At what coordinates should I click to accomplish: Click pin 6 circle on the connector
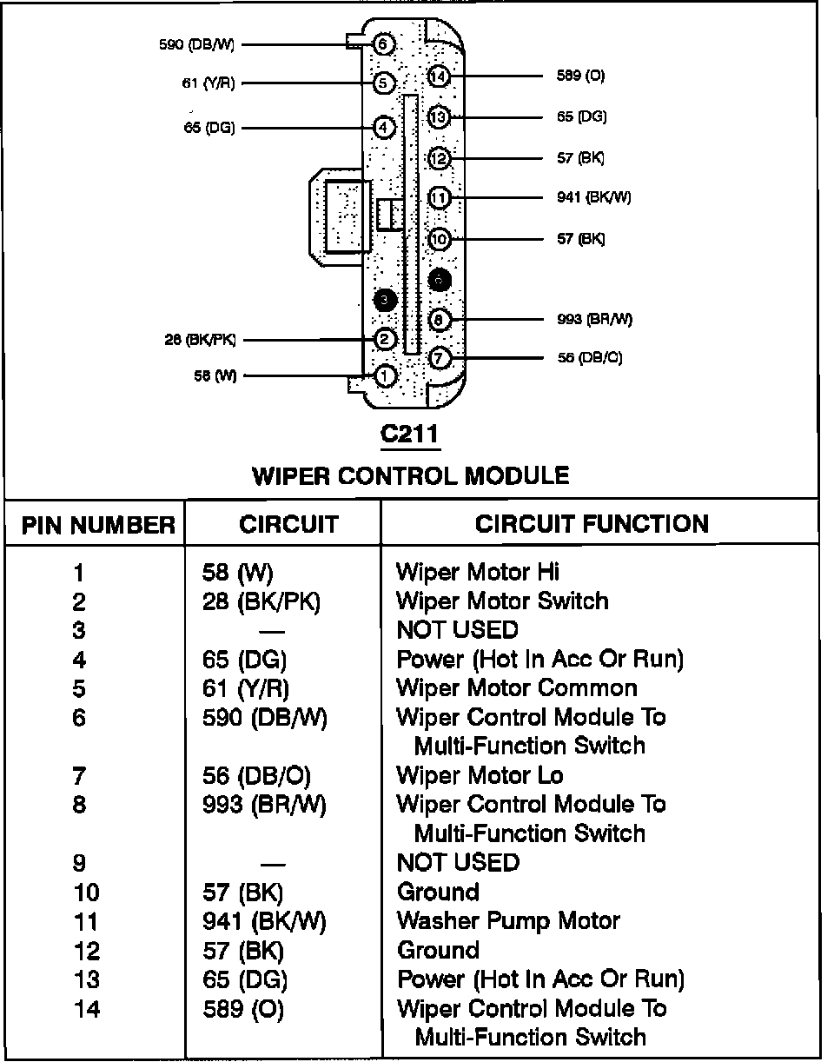coord(384,43)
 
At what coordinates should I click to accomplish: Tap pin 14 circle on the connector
coord(440,76)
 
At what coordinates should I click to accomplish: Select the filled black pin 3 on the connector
coord(384,300)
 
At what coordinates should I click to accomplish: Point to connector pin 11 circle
coord(440,198)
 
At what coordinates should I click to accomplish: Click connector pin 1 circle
coord(384,376)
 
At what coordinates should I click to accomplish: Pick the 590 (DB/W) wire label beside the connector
coord(197,44)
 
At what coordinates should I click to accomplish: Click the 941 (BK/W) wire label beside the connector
coord(593,198)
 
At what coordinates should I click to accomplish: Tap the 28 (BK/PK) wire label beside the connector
coord(199,340)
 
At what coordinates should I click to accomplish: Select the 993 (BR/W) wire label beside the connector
coord(594,319)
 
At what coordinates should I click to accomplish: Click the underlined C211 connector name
coord(409,434)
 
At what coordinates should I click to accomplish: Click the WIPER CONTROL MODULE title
coord(410,475)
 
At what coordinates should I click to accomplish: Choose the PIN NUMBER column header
coord(98,525)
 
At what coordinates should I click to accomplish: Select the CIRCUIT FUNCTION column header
coord(592,523)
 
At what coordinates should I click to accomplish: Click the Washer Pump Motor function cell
coord(507,920)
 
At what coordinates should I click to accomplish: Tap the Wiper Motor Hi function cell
coord(477,571)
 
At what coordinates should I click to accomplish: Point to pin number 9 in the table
coord(79,863)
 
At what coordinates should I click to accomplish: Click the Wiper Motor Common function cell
coord(516,687)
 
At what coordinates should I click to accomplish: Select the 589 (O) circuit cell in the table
coord(242,1009)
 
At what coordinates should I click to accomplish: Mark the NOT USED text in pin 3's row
coord(457,629)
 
